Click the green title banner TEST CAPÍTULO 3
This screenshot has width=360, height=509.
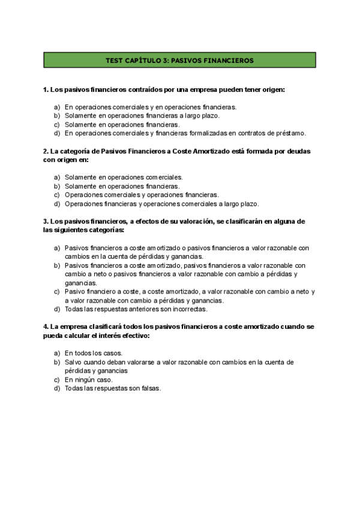coord(179,61)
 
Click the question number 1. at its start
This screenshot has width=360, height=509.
coord(46,89)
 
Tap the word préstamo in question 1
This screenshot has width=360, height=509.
coord(290,133)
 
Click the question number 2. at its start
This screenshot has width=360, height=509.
coord(46,151)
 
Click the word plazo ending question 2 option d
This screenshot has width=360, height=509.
coord(249,203)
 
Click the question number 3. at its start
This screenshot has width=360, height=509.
coord(46,221)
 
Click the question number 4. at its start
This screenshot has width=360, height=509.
coord(46,327)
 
